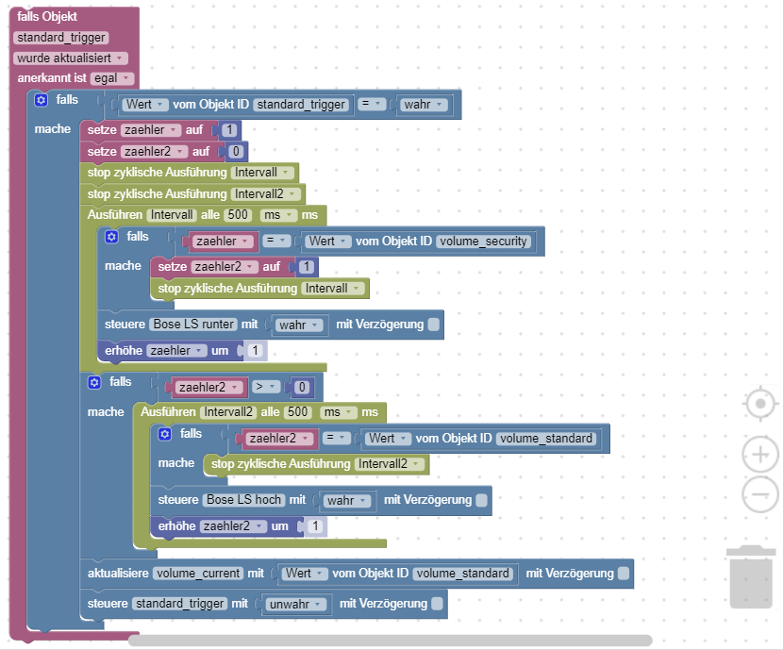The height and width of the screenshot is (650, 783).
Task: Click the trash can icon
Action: pos(751,577)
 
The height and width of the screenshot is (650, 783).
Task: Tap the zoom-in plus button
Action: pos(760,455)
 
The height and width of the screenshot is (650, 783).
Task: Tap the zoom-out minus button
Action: pos(760,494)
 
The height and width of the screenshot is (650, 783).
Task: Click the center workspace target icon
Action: pos(760,404)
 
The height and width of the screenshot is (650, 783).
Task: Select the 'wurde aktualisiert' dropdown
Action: pos(71,58)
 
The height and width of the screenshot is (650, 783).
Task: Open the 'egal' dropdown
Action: pos(112,78)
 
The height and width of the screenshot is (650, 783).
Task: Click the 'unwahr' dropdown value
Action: pos(295,604)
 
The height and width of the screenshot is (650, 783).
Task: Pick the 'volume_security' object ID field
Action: pos(483,242)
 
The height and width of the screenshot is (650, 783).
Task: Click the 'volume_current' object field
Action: pos(198,574)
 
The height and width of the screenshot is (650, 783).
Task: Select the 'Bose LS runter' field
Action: pos(193,324)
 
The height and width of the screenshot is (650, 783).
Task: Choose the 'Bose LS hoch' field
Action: pos(243,500)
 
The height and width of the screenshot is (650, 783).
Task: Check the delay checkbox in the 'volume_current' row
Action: pos(624,574)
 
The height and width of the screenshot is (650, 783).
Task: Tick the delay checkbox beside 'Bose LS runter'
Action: pos(433,324)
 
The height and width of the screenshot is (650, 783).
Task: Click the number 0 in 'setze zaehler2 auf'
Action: pos(236,151)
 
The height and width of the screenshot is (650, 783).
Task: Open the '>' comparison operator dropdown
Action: pos(265,387)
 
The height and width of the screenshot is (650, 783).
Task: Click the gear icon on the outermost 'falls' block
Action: pos(41,100)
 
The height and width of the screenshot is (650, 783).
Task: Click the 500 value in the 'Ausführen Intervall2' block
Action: pos(297,412)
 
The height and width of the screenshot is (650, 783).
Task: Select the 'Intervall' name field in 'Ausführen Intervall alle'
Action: pos(172,215)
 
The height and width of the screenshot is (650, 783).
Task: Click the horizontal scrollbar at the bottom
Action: pos(390,640)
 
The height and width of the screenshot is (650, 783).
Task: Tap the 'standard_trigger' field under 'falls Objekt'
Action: pos(61,38)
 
